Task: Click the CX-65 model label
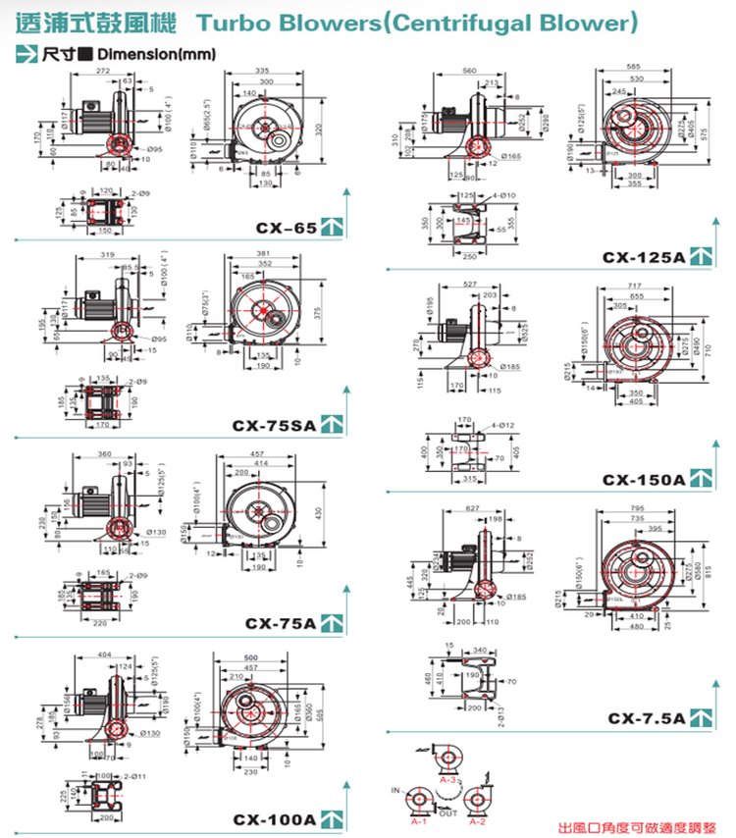point(286,228)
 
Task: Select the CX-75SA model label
point(275,425)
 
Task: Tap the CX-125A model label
point(643,258)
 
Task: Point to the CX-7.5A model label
point(645,718)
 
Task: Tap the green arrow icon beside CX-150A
point(700,479)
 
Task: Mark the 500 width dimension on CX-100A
point(251,656)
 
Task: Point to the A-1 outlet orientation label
point(418,821)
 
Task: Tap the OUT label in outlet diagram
point(447,813)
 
